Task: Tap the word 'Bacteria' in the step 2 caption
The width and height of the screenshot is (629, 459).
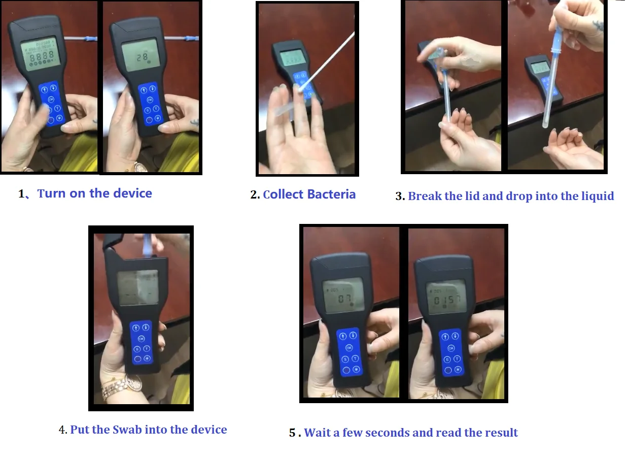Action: coord(330,194)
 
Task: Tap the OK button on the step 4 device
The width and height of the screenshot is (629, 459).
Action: coord(141,339)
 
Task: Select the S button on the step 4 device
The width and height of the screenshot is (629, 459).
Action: coord(137,349)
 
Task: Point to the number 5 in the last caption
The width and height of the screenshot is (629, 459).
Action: coord(293,433)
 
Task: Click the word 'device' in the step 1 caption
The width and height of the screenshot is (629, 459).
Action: coord(133,193)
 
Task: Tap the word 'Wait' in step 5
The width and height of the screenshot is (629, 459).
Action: coord(318,433)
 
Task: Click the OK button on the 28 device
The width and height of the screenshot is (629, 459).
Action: coord(152,100)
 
